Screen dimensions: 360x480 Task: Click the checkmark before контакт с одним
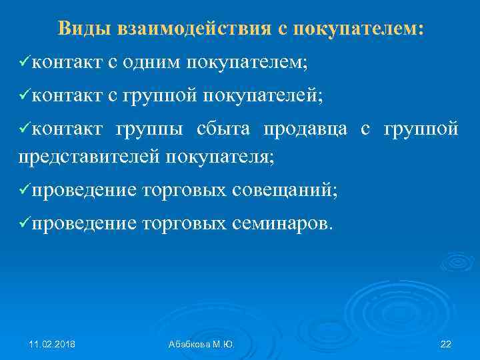click(x=25, y=63)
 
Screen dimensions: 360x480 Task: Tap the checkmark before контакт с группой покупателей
click(x=25, y=97)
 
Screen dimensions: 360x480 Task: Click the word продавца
click(x=305, y=129)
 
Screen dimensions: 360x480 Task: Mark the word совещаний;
click(x=285, y=191)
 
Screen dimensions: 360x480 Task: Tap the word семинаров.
click(x=281, y=225)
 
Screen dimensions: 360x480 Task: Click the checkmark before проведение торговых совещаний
click(x=25, y=191)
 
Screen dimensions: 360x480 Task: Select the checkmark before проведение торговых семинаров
click(x=25, y=225)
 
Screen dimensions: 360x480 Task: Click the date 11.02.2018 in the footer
click(x=52, y=344)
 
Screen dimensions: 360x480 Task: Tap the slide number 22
click(x=446, y=344)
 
